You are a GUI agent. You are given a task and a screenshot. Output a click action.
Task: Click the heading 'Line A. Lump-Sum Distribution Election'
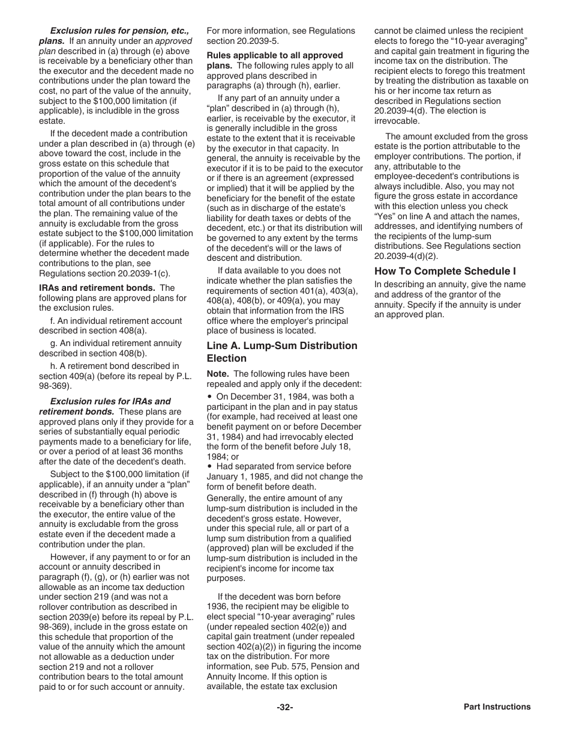[281, 352]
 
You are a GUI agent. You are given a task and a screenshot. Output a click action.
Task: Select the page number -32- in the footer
[284, 707]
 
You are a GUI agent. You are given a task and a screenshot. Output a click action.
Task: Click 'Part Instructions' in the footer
[497, 707]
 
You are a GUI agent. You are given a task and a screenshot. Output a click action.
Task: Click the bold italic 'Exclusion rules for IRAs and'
[110, 401]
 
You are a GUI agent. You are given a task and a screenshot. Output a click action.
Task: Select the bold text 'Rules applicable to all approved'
[275, 55]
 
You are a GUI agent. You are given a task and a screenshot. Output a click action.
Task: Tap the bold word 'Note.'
[218, 374]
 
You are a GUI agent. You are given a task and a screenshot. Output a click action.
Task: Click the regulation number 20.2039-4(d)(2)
[406, 256]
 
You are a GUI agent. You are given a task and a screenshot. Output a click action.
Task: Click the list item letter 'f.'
[53, 321]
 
